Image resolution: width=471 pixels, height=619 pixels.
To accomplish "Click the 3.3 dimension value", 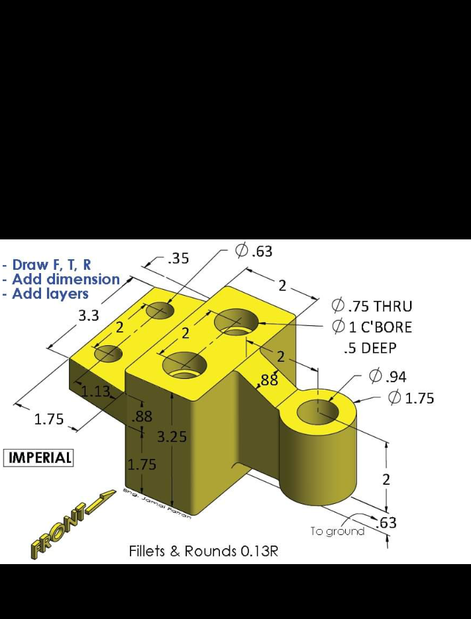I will point(89,316).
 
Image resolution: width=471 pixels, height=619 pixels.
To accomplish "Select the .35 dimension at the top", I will point(178,259).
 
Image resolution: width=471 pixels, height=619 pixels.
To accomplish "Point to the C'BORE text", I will point(385,327).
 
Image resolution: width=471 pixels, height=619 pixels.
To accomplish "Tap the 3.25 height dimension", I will point(171,436).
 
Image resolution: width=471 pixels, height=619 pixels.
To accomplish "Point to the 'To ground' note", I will point(337,531).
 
